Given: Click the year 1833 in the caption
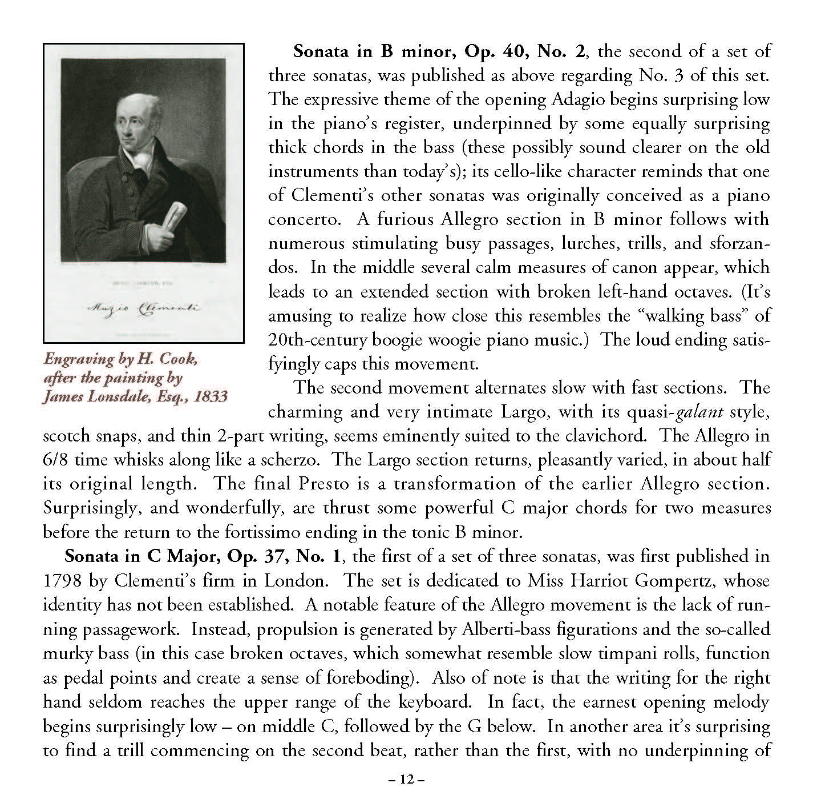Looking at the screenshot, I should (x=211, y=396).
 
